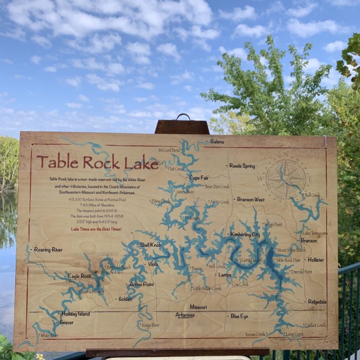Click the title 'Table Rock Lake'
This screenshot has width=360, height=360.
tap(97, 162)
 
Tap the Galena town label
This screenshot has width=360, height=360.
tap(217, 142)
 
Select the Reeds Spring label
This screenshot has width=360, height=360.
tap(242, 166)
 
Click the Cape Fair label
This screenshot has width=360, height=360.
tap(198, 178)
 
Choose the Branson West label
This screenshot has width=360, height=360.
tap(251, 200)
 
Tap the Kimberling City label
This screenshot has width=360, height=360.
tap(245, 234)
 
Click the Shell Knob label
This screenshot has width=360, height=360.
tap(151, 245)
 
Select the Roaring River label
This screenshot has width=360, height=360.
tap(48, 249)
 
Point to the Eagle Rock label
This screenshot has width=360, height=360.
tap(79, 276)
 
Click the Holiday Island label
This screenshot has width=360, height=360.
tap(76, 314)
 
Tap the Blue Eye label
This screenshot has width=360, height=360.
tap(239, 316)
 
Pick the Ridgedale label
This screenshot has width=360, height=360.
tap(317, 302)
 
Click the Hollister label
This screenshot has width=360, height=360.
tap(316, 260)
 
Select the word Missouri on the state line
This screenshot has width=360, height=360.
tap(198, 306)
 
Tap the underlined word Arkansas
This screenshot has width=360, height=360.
tap(185, 315)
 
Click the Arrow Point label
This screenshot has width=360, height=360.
tap(142, 284)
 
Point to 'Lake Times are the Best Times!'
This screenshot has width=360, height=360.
tap(96, 229)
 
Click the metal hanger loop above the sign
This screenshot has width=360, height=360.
tap(183, 117)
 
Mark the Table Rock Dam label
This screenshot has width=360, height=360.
tap(288, 260)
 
